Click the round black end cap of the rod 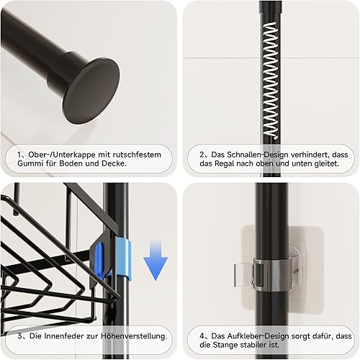92,91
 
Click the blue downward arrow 156,261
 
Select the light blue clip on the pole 124,260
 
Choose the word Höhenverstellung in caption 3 134,336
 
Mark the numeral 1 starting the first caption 19,155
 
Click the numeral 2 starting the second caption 202,155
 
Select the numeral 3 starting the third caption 20,336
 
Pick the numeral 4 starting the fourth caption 202,336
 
